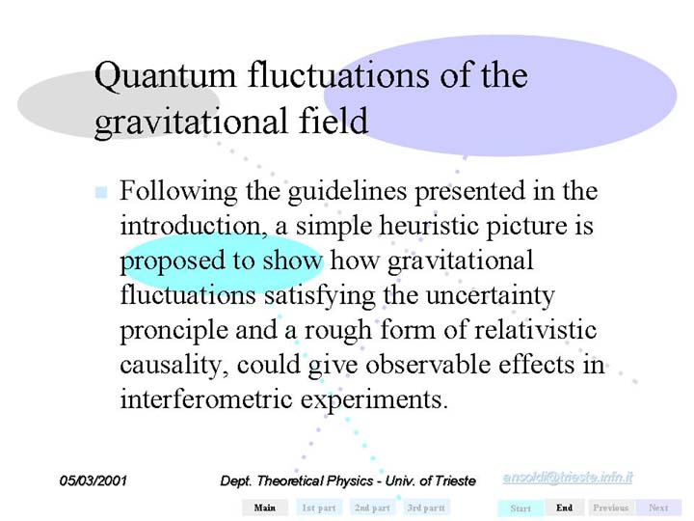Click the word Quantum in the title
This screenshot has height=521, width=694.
pyautogui.click(x=165, y=76)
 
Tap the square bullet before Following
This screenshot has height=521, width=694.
pyautogui.click(x=101, y=192)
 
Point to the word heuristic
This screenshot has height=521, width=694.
pyautogui.click(x=429, y=225)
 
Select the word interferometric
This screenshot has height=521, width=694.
pyautogui.click(x=206, y=399)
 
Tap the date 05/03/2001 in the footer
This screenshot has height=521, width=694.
pyautogui.click(x=93, y=480)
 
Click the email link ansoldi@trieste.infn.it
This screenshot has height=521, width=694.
pyautogui.click(x=568, y=478)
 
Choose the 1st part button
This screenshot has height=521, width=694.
pyautogui.click(x=319, y=507)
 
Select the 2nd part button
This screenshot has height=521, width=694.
pyautogui.click(x=372, y=507)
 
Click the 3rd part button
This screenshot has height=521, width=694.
pyautogui.click(x=426, y=507)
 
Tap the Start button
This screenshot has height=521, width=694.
pyautogui.click(x=520, y=508)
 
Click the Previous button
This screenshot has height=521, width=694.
pyautogui.click(x=611, y=507)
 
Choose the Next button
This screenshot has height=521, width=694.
pyautogui.click(x=658, y=507)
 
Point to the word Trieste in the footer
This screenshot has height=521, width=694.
pyautogui.click(x=455, y=481)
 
